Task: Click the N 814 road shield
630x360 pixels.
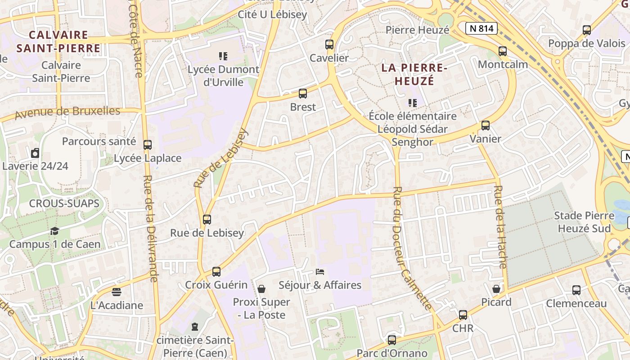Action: click(x=481, y=29)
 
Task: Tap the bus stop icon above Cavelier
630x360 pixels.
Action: click(x=329, y=45)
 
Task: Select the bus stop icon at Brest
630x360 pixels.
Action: click(x=303, y=94)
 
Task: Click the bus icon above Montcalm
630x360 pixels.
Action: click(x=503, y=51)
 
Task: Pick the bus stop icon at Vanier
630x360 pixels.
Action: click(x=486, y=126)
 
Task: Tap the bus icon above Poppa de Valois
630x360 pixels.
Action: click(x=587, y=30)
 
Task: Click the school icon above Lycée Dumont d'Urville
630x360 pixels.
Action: click(x=223, y=56)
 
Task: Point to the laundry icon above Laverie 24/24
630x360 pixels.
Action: click(x=35, y=153)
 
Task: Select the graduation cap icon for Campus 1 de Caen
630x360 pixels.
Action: click(x=54, y=231)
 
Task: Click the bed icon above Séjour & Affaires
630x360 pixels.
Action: click(x=320, y=272)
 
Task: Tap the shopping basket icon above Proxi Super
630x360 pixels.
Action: click(x=261, y=288)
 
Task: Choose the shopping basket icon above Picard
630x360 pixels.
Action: click(x=496, y=288)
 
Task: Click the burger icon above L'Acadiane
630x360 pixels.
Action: click(x=117, y=292)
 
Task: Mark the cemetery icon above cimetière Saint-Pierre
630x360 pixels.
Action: click(x=195, y=326)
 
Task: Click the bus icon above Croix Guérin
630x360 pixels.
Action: click(x=216, y=272)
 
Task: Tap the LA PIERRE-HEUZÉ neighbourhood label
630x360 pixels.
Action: click(x=414, y=74)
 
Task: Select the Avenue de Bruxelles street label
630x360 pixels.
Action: click(x=67, y=112)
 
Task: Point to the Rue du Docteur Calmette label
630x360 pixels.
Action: click(x=412, y=247)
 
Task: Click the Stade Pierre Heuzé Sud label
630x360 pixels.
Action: click(x=584, y=222)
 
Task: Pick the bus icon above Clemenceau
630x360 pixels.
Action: click(x=576, y=290)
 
